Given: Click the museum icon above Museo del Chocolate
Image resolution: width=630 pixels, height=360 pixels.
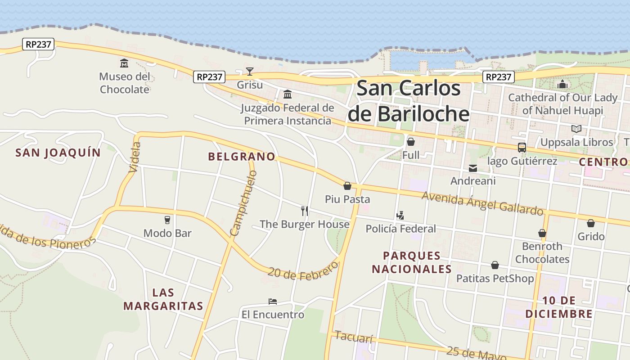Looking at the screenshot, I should click(x=124, y=63).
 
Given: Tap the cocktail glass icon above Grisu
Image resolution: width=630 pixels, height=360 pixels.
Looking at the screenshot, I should click(x=250, y=71).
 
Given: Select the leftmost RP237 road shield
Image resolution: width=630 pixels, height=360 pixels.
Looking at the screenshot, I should click(x=38, y=44).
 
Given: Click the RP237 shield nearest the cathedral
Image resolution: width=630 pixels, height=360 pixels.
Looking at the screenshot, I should click(x=499, y=77).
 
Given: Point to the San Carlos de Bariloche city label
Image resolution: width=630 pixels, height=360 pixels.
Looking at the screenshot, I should click(x=409, y=101).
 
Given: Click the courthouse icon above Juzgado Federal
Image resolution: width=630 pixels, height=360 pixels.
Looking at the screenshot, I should click(x=288, y=94).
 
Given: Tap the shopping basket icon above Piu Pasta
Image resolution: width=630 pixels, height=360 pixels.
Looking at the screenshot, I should click(x=347, y=186).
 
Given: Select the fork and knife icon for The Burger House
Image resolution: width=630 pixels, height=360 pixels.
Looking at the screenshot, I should click(x=305, y=211).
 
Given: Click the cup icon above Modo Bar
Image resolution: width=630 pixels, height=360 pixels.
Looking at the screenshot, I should click(x=167, y=220).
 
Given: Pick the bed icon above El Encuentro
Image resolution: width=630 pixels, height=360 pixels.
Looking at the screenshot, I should click(x=272, y=301).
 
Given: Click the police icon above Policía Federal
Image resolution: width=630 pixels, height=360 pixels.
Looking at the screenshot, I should click(x=400, y=216).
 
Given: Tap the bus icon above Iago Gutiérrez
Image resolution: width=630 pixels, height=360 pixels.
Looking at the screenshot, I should click(x=522, y=148).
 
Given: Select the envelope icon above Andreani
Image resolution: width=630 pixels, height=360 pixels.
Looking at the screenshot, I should click(x=473, y=168).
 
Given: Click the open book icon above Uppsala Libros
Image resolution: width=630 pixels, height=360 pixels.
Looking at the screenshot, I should click(x=576, y=129).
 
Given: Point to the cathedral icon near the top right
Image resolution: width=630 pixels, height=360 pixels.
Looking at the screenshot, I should click(x=562, y=84).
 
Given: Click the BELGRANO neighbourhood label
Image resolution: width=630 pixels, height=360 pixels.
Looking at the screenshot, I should click(x=242, y=157).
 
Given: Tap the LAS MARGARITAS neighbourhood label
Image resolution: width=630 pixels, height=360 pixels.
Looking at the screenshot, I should click(x=163, y=299).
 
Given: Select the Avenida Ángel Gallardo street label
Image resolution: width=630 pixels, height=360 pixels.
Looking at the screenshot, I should click(x=482, y=203).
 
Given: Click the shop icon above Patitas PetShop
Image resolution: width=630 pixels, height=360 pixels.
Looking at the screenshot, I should click(x=495, y=265).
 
